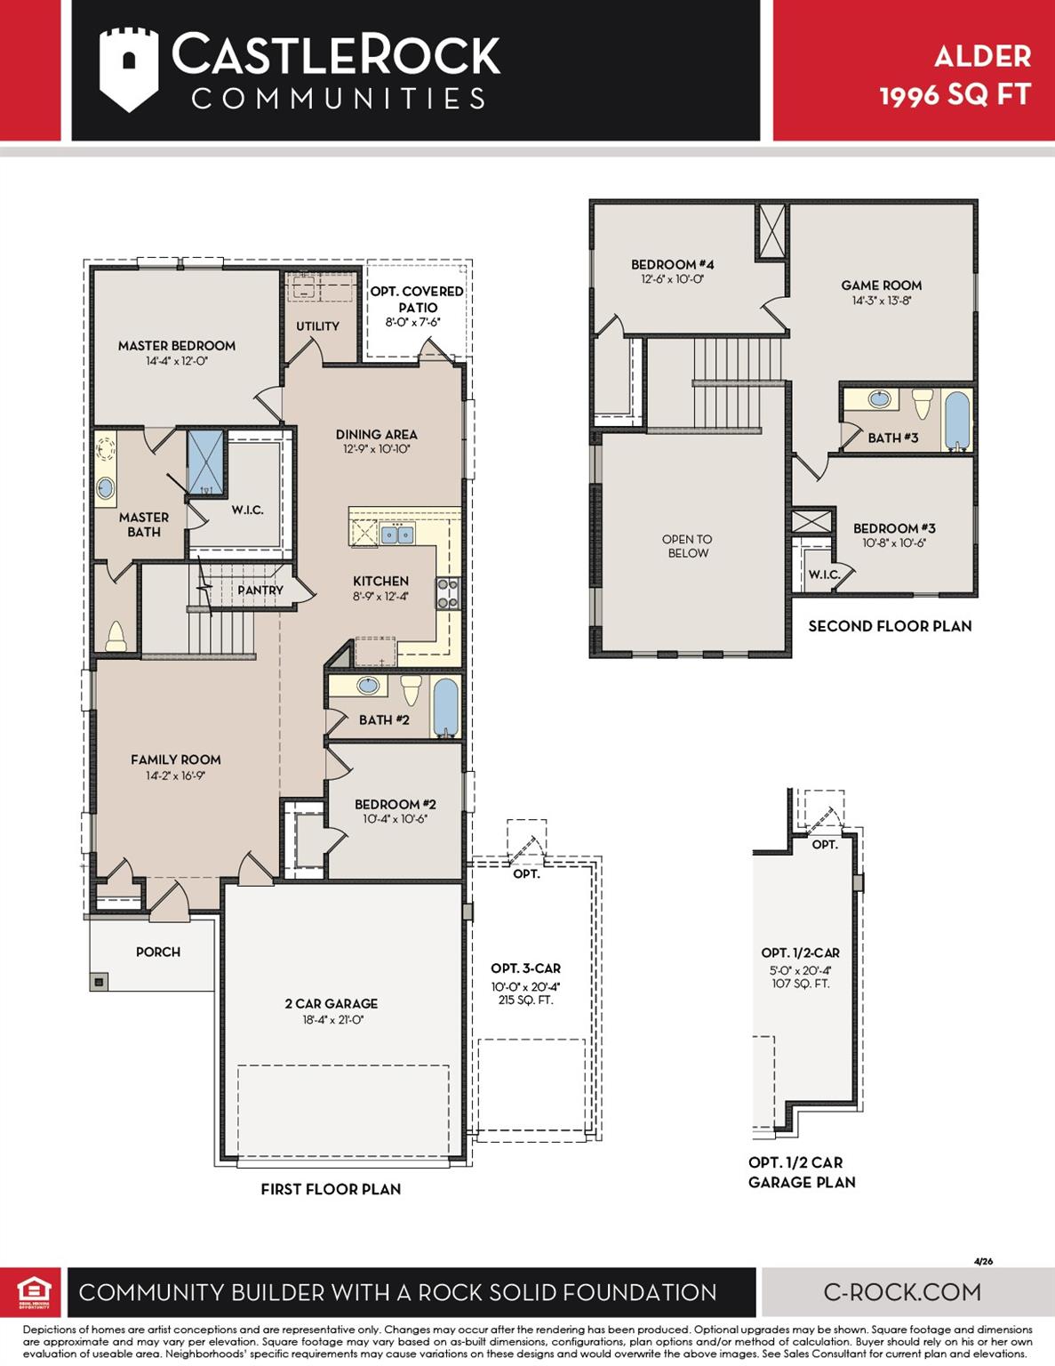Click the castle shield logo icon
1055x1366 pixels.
[x=129, y=69]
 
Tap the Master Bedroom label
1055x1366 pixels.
[x=177, y=346]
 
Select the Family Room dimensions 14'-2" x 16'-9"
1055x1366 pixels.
[x=176, y=775]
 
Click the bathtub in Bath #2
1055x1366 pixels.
[x=445, y=707]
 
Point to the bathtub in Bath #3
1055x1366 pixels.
[x=957, y=421]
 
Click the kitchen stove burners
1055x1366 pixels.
[x=448, y=594]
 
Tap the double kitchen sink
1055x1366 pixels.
[x=397, y=534]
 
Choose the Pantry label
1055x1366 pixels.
[x=260, y=591]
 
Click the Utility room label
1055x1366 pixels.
[x=318, y=326]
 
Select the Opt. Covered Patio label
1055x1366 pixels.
[x=417, y=299]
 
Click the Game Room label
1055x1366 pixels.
[x=882, y=285]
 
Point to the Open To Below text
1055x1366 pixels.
[x=688, y=546]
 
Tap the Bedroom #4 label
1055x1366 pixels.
[x=673, y=265]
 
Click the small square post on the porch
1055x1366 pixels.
[x=99, y=981]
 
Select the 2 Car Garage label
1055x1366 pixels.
[x=331, y=1004]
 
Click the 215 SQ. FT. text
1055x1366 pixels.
[x=525, y=1000]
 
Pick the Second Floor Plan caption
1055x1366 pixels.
[x=890, y=626]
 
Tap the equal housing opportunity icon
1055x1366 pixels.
[x=34, y=1292]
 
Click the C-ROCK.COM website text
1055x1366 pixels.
[x=902, y=1292]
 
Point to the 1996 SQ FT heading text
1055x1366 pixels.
[x=955, y=95]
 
